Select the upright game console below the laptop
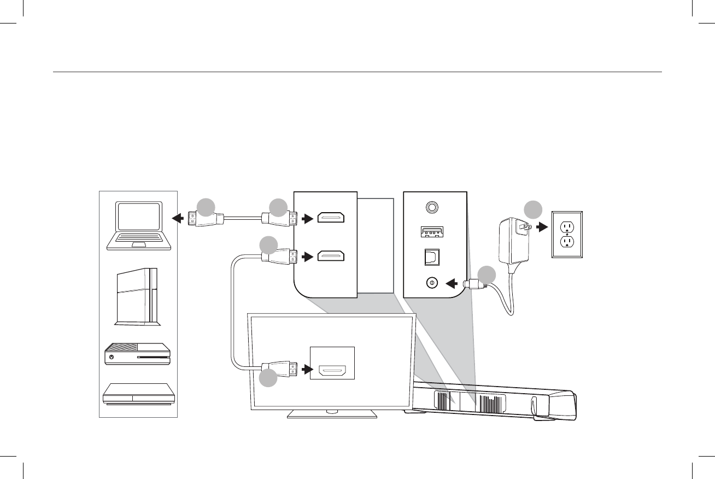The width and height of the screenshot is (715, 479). coord(138,297)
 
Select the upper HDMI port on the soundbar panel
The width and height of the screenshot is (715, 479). coord(331,219)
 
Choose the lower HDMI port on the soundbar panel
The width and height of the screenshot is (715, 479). coord(331,256)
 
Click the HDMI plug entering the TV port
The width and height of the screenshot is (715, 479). coord(280,370)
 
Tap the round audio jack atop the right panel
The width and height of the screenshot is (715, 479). coord(432,207)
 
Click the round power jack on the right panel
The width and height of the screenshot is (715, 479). coord(432,283)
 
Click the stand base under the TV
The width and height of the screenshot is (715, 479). coord(332,414)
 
